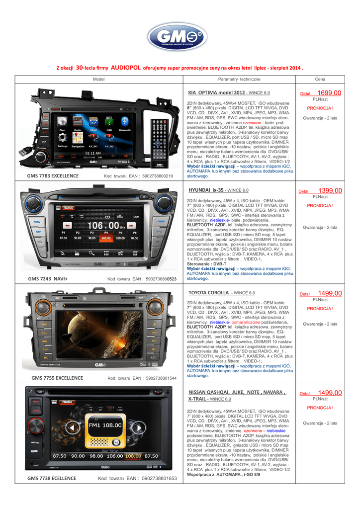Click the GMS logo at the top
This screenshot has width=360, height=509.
pyautogui.click(x=180, y=39)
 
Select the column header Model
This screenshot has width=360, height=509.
pyautogui.click(x=98, y=80)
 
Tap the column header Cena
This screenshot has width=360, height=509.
pyautogui.click(x=320, y=80)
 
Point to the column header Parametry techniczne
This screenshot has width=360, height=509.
pyautogui.click(x=239, y=80)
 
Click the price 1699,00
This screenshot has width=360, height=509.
pyautogui.click(x=329, y=93)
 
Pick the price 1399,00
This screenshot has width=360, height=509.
pyautogui.click(x=330, y=190)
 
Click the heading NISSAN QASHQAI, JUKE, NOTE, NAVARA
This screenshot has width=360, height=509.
pyautogui.click(x=237, y=392)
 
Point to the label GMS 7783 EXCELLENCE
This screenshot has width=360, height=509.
pyautogui.click(x=53, y=176)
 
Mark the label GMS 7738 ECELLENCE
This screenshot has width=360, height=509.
pyautogui.click(x=52, y=478)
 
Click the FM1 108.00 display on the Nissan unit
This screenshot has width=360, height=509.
pyautogui.click(x=105, y=425)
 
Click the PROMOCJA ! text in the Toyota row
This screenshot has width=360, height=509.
pyautogui.click(x=320, y=308)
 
